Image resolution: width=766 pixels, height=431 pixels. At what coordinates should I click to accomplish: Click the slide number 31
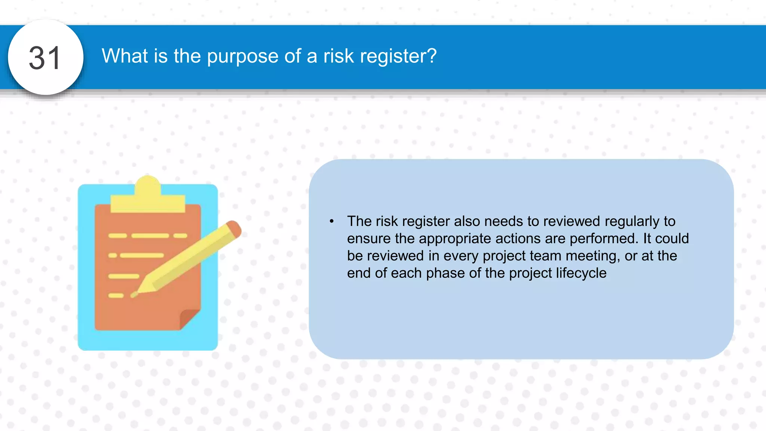click(45, 58)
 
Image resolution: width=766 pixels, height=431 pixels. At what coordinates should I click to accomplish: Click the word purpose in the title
click(242, 57)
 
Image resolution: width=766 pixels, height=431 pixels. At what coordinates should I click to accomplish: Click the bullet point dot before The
click(332, 221)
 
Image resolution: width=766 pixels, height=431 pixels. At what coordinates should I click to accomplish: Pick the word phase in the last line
click(445, 273)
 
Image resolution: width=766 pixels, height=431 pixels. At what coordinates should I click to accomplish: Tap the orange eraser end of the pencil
click(234, 228)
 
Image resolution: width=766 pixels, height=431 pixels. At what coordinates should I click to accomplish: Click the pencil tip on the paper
click(135, 294)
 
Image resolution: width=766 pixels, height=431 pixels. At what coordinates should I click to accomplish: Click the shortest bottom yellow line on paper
click(116, 296)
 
